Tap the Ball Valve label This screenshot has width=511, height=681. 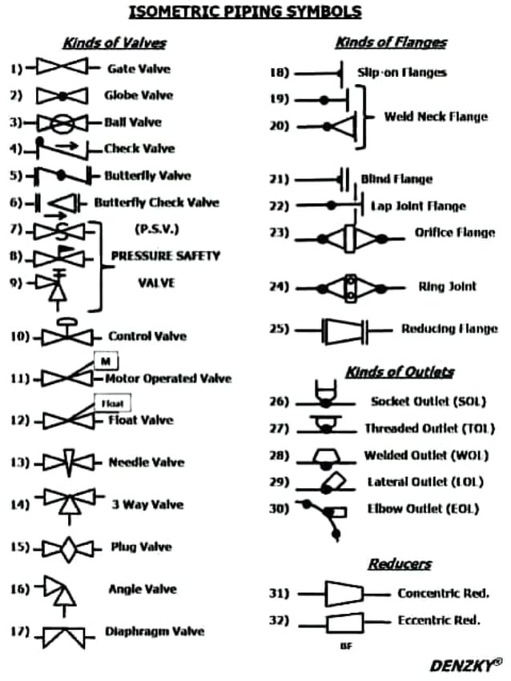(132, 122)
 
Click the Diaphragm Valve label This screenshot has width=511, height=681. (155, 631)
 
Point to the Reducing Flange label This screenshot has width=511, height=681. (449, 329)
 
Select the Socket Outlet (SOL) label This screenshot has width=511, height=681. (428, 401)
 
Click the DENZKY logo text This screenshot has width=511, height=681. (465, 665)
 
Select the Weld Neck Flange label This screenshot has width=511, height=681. (435, 117)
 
